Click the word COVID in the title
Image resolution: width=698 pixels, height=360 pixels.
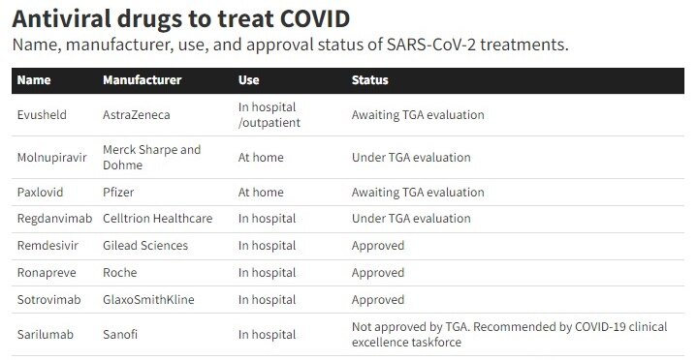(315, 18)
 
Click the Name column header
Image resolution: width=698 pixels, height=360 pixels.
(34, 80)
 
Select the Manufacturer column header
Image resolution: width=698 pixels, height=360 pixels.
(142, 80)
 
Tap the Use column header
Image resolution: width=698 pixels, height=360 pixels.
(248, 80)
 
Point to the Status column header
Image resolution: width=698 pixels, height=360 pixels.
(370, 80)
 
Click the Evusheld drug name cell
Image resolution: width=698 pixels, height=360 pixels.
(42, 114)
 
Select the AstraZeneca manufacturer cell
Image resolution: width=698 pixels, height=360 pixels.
(137, 114)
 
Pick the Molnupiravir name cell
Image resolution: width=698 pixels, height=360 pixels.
(51, 158)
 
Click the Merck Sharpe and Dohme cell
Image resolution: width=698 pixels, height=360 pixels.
(152, 158)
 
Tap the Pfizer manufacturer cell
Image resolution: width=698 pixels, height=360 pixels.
(118, 192)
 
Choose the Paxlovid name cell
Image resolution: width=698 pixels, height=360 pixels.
(40, 192)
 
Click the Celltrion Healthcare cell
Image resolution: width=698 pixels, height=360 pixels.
(158, 218)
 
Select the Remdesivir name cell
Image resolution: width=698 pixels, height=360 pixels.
(48, 246)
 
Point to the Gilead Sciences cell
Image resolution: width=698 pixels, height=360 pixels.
(145, 246)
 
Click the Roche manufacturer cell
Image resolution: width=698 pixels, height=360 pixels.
(120, 273)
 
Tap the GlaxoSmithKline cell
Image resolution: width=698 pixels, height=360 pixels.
(148, 300)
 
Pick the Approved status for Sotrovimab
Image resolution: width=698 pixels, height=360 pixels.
(378, 300)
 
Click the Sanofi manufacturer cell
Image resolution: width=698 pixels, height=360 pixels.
(120, 334)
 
